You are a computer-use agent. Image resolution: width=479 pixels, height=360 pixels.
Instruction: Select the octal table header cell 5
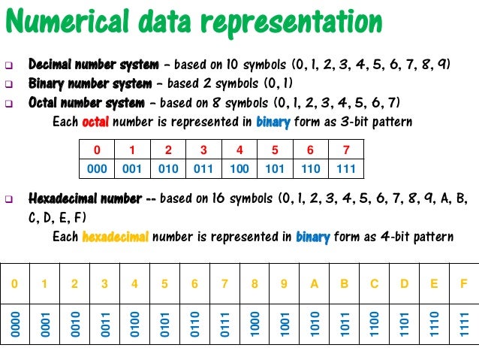[x=274, y=148]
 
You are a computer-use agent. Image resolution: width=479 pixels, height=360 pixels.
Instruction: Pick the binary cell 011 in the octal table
[x=203, y=168]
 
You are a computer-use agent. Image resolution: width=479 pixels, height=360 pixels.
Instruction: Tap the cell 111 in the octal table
[x=345, y=168]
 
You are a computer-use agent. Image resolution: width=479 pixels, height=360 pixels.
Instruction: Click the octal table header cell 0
[x=98, y=148]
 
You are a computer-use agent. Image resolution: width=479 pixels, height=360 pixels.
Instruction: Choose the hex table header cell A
[x=314, y=284]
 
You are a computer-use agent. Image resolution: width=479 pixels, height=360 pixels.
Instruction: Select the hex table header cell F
[x=463, y=284]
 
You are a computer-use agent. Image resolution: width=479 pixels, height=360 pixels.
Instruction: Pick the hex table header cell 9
[x=284, y=284]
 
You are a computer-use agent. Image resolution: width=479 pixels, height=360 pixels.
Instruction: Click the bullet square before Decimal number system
[x=11, y=65]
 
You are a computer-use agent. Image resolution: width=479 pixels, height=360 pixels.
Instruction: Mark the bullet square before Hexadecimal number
[x=11, y=201]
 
